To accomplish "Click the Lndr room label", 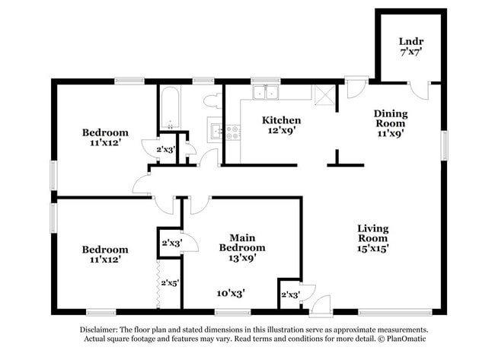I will click(x=410, y=41).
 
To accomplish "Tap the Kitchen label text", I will click(x=281, y=120).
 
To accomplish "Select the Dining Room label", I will click(x=390, y=114).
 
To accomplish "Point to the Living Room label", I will click(x=373, y=228).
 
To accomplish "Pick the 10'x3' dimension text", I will click(x=230, y=292).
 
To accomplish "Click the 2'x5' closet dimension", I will click(x=168, y=282).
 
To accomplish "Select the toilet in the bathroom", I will click(x=211, y=100).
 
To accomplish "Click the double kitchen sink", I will click(x=266, y=93).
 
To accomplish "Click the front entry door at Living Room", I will click(x=320, y=304).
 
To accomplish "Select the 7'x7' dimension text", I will click(x=410, y=54).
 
